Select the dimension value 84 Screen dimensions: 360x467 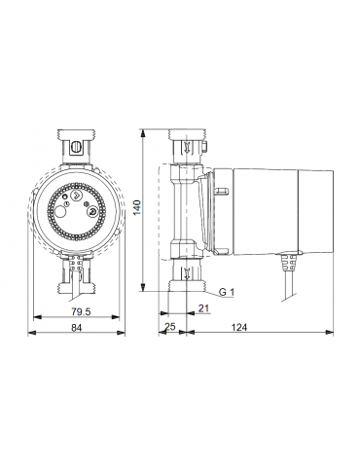coord(77,328)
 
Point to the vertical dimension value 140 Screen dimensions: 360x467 coord(137,207)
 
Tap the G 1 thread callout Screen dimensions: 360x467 coord(227,292)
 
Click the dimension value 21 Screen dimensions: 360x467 coord(203,308)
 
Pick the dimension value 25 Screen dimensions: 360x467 coord(170,327)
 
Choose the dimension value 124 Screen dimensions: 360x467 coord(239,328)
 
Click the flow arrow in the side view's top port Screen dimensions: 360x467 coord(187,147)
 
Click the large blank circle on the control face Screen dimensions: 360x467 coord(60,213)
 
